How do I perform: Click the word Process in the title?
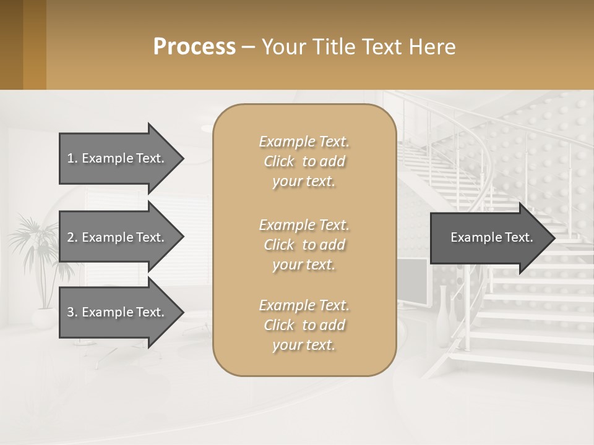pyautogui.click(x=194, y=47)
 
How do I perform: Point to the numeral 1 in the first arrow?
pyautogui.click(x=71, y=158)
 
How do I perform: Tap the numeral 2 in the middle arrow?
pyautogui.click(x=71, y=237)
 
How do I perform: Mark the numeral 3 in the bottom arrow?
pyautogui.click(x=71, y=312)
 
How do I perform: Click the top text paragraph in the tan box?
pyautogui.click(x=304, y=161)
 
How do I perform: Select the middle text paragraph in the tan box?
pyautogui.click(x=304, y=244)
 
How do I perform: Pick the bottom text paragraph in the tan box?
pyautogui.click(x=304, y=325)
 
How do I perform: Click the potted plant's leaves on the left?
pyautogui.click(x=37, y=247)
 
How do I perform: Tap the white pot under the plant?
pyautogui.click(x=43, y=318)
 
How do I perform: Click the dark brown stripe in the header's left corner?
pyautogui.click(x=11, y=44)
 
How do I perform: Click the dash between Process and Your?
pyautogui.click(x=248, y=48)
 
